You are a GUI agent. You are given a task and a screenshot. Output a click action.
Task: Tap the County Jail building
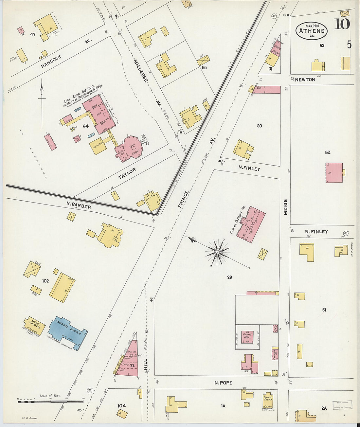point(248,337)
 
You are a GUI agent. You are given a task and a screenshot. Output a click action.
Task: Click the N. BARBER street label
point(79,205)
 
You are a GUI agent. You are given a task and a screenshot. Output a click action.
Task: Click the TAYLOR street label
point(127,173)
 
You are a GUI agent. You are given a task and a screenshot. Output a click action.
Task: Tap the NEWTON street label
point(305,80)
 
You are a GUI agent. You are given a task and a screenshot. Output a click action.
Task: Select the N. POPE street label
point(224,383)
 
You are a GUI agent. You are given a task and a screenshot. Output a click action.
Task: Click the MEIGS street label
point(285,207)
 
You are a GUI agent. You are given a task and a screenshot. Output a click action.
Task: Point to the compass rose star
point(217,252)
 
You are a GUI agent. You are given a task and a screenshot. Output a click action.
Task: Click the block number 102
point(45,281)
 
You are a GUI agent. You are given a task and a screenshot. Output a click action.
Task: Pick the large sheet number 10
point(342,24)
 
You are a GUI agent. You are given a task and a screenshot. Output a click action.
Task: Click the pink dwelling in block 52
point(334,172)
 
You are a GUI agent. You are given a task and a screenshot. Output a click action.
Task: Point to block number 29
point(229,277)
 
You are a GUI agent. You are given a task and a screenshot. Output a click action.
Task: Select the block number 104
point(121,406)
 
